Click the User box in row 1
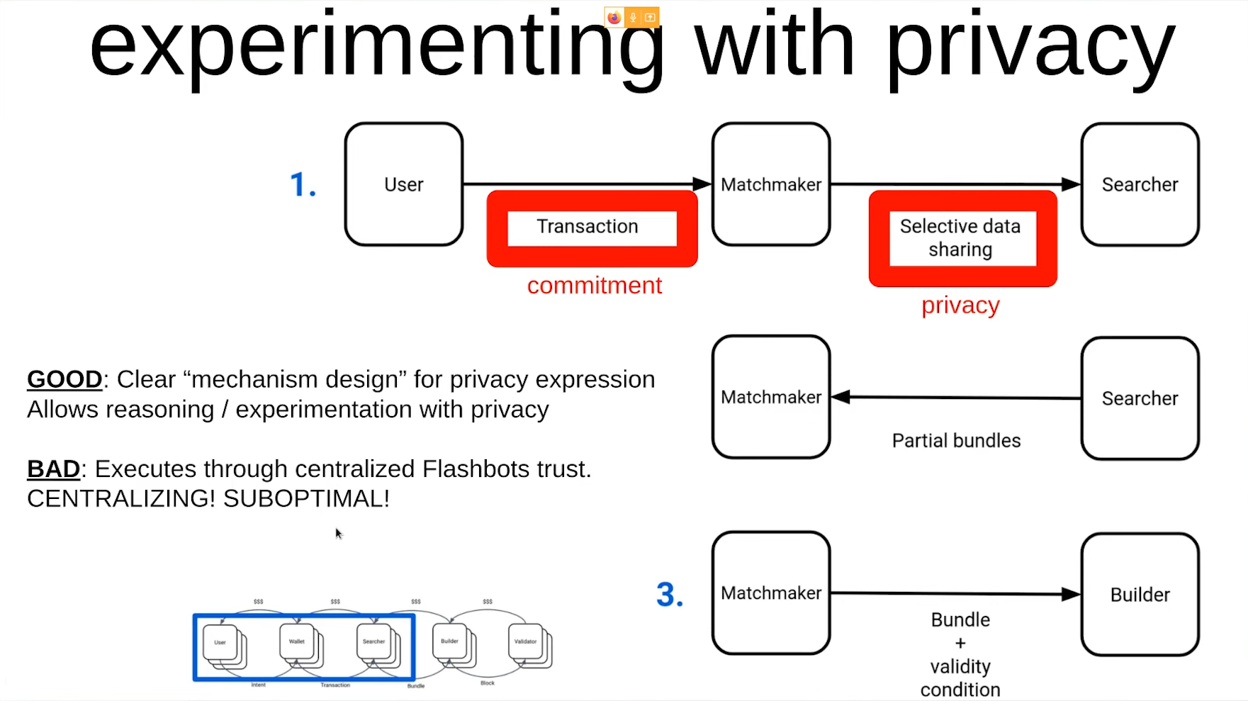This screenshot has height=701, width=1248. (404, 184)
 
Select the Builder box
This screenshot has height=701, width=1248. (1140, 595)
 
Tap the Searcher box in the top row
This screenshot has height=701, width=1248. (1140, 184)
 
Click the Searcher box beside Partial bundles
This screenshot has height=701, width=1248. (1140, 398)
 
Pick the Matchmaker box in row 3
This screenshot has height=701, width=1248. (771, 593)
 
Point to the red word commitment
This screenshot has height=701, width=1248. (594, 286)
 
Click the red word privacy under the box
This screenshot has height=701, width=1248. (960, 305)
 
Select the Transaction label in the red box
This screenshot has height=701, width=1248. (588, 227)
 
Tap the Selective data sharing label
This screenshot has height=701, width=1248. (960, 238)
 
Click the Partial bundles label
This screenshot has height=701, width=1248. (956, 441)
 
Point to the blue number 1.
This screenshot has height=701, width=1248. (303, 185)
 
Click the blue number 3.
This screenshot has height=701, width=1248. (670, 595)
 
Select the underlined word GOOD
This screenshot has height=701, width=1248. (64, 380)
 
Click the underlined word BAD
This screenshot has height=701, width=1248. (53, 469)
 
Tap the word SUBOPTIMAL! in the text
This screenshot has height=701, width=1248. (306, 499)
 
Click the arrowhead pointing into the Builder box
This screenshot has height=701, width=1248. (1070, 595)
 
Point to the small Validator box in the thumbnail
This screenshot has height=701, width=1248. (525, 641)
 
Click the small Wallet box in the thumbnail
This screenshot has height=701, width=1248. (297, 641)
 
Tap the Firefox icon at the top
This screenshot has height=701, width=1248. (614, 17)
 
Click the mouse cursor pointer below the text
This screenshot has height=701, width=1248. (338, 532)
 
